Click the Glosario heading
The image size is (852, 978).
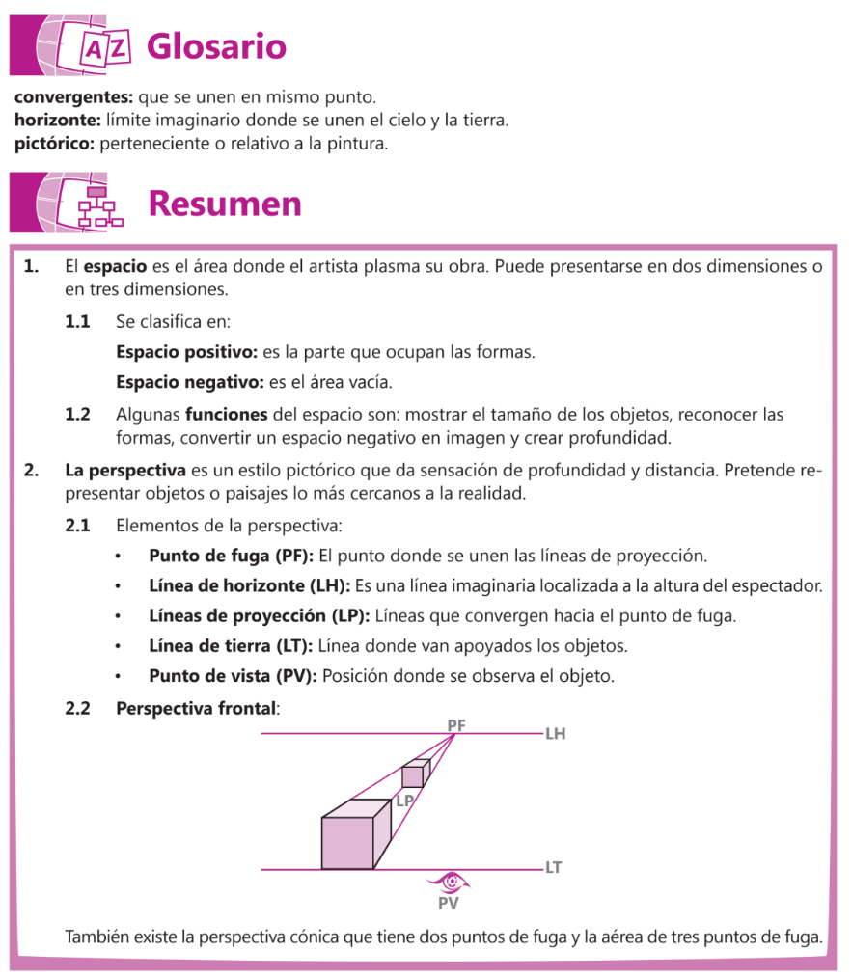(216, 46)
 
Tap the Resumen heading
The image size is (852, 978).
(224, 204)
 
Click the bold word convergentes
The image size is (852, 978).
(74, 97)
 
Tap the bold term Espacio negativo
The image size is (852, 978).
(189, 383)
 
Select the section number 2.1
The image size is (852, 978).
(77, 527)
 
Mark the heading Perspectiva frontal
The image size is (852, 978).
(196, 708)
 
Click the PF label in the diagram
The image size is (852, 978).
(456, 724)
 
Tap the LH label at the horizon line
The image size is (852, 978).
(555, 734)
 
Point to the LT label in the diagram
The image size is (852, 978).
(553, 868)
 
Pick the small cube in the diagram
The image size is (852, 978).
(415, 774)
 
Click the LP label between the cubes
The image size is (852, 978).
(405, 801)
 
